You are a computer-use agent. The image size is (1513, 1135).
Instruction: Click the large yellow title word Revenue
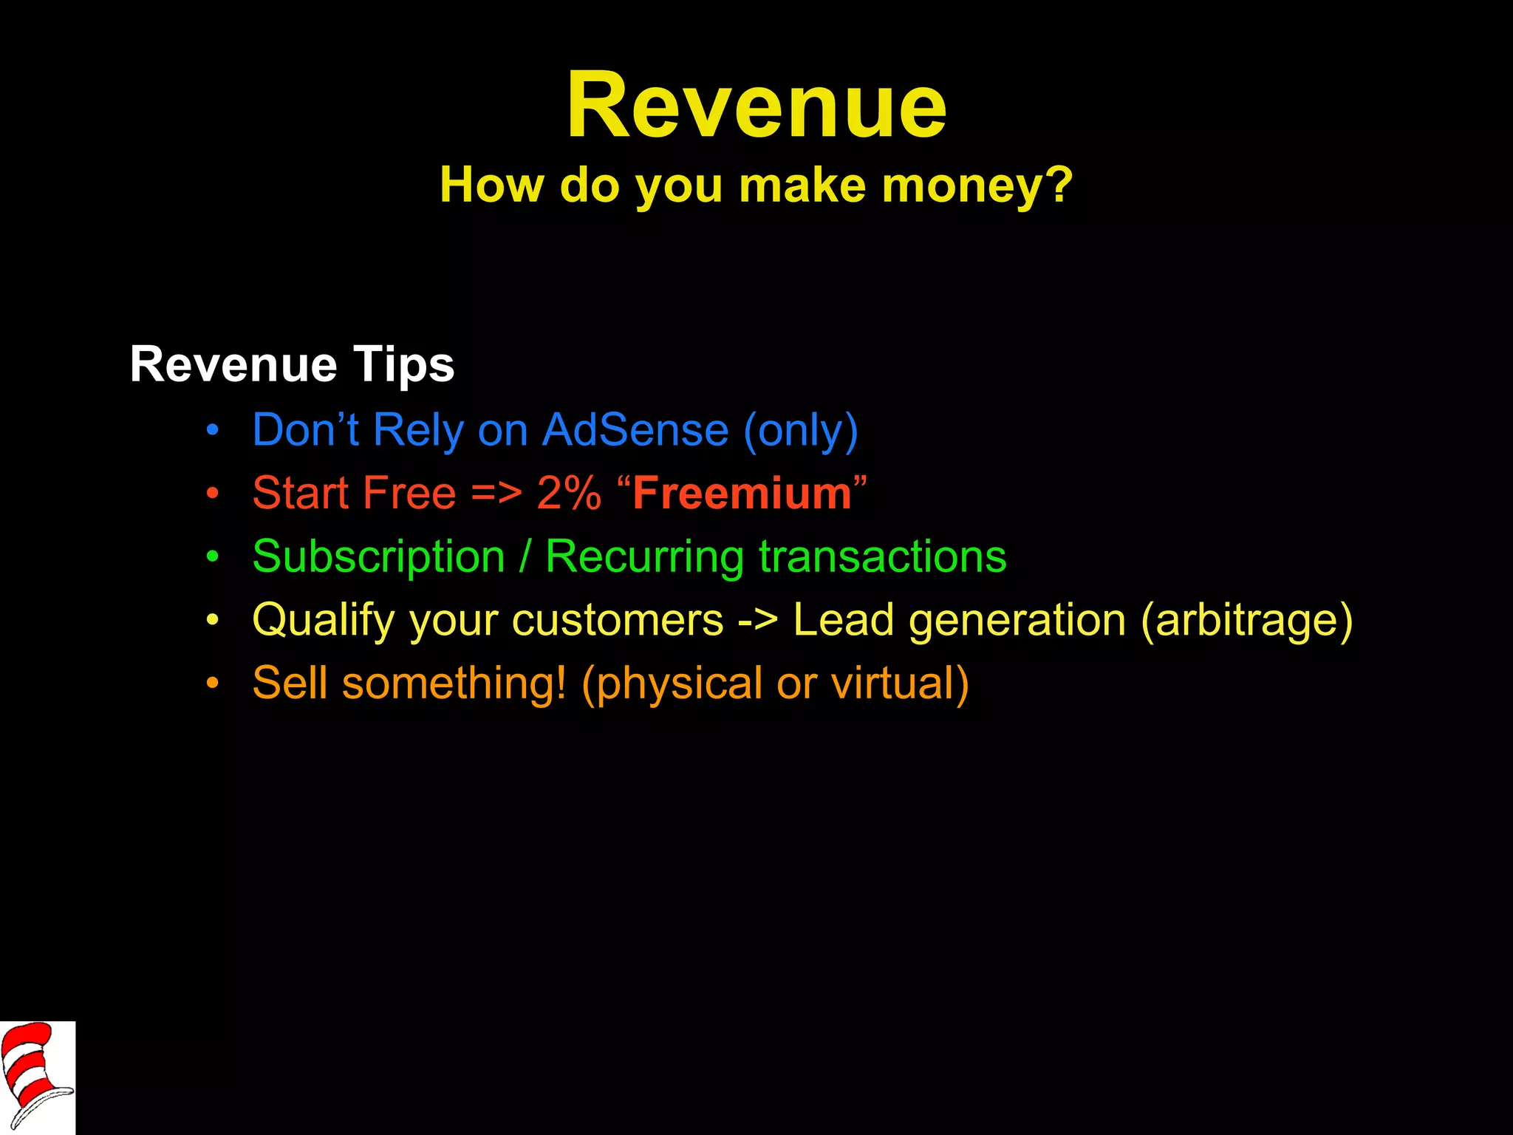pyautogui.click(x=756, y=105)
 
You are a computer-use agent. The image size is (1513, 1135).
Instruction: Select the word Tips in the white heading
pyautogui.click(x=403, y=365)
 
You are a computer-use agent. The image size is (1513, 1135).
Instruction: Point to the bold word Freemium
pyautogui.click(x=742, y=493)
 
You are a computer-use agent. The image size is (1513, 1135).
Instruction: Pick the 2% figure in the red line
pyautogui.click(x=569, y=493)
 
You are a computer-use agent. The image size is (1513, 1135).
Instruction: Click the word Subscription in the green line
pyautogui.click(x=378, y=557)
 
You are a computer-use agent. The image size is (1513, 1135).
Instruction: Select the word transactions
pyautogui.click(x=883, y=557)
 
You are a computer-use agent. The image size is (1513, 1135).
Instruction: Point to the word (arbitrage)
pyautogui.click(x=1247, y=620)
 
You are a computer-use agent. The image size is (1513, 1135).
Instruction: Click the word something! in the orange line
pyautogui.click(x=454, y=683)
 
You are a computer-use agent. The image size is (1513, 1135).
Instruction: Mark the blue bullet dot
pyautogui.click(x=213, y=430)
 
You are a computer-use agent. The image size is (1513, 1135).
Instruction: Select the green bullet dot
pyautogui.click(x=213, y=556)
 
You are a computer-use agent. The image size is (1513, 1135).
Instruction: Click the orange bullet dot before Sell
pyautogui.click(x=213, y=683)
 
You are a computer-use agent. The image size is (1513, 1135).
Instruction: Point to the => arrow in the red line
pyautogui.click(x=496, y=493)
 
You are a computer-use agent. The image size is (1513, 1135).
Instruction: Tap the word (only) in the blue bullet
pyautogui.click(x=801, y=430)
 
